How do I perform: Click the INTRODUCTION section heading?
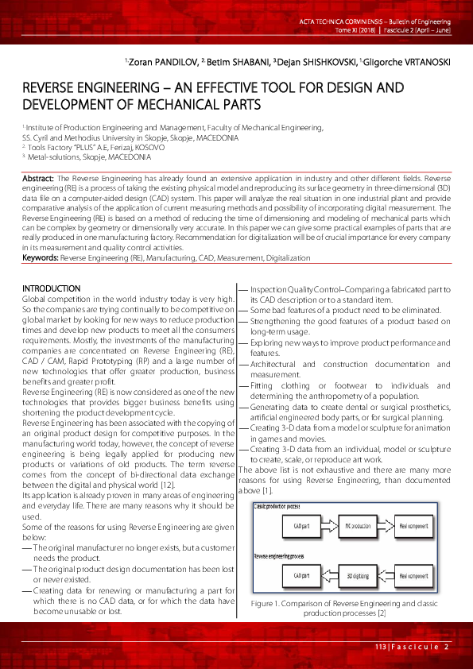point(51,288)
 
